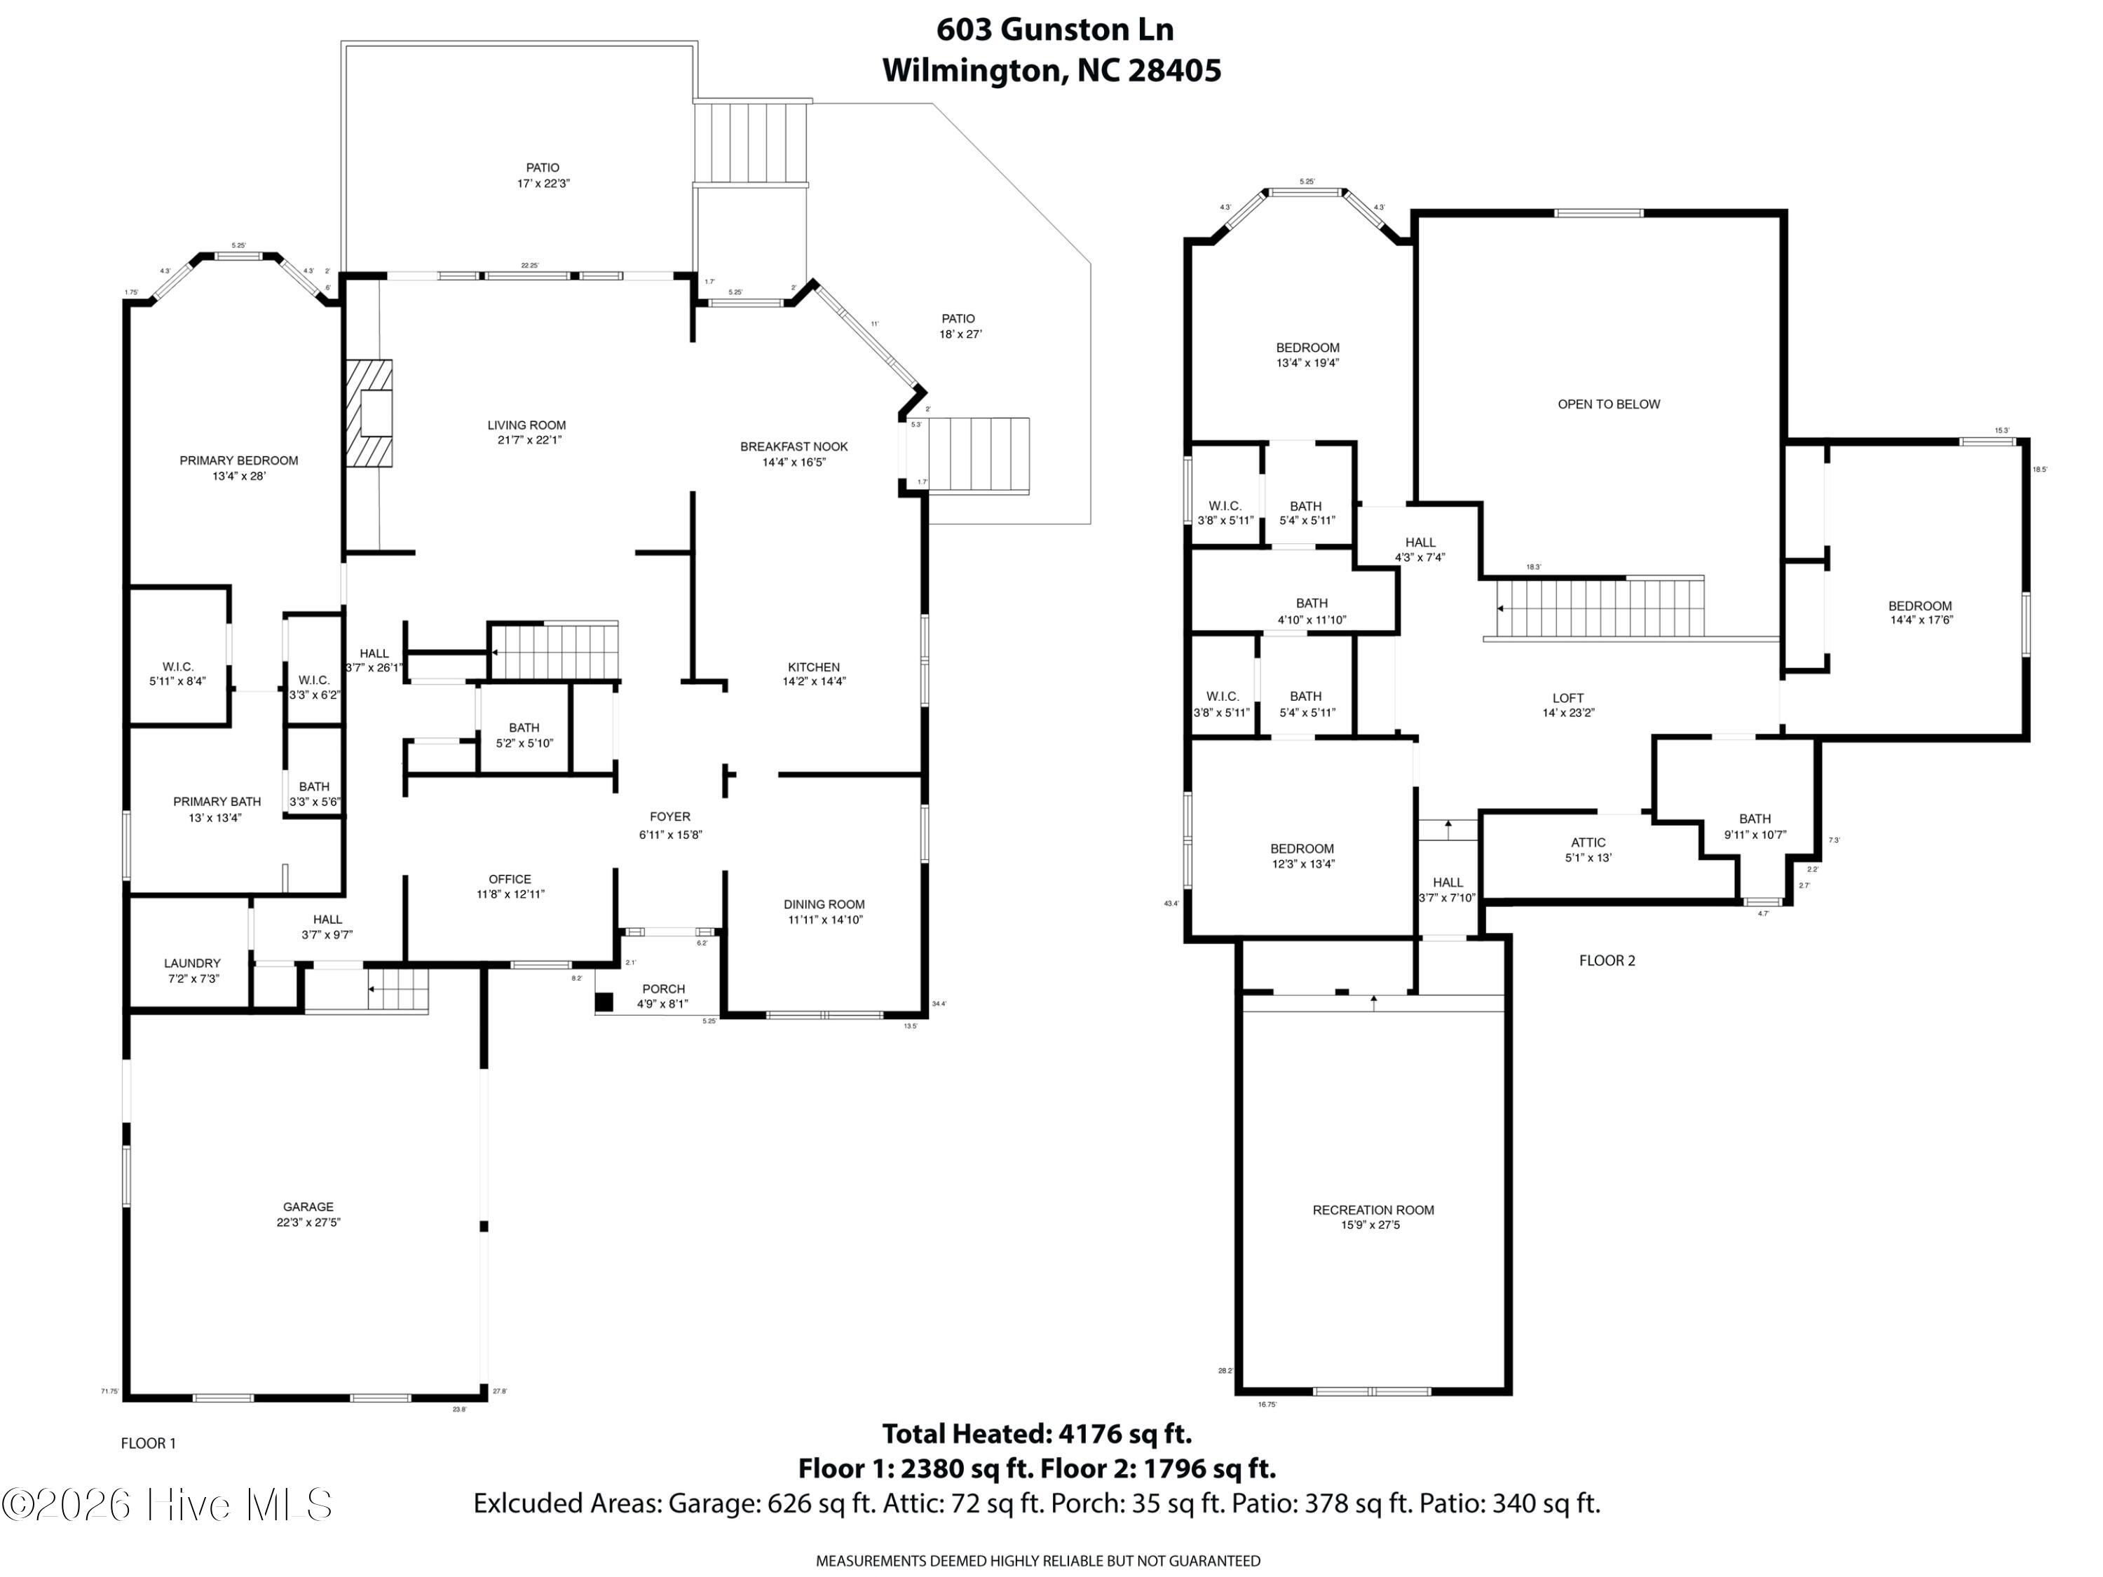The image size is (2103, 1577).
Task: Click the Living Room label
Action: (526, 432)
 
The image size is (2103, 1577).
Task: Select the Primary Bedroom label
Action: (238, 467)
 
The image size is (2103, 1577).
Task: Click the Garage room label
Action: (308, 1214)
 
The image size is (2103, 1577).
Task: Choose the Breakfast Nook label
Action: (794, 454)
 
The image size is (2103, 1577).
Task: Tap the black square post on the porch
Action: (604, 1001)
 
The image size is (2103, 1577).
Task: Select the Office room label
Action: (510, 886)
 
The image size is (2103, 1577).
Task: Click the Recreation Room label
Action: (1373, 1217)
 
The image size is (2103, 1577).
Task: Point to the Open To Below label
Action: (1609, 404)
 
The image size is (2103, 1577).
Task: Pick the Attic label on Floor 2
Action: (1588, 849)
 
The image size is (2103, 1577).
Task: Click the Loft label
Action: (1567, 704)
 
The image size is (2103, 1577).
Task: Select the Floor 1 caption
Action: (149, 1443)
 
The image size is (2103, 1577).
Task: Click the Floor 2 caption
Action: (1607, 960)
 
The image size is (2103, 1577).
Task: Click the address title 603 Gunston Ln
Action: (1054, 30)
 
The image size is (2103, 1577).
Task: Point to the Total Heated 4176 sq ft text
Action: (1036, 1433)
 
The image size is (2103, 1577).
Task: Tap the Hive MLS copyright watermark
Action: (168, 1505)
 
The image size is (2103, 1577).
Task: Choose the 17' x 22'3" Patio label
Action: (543, 175)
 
